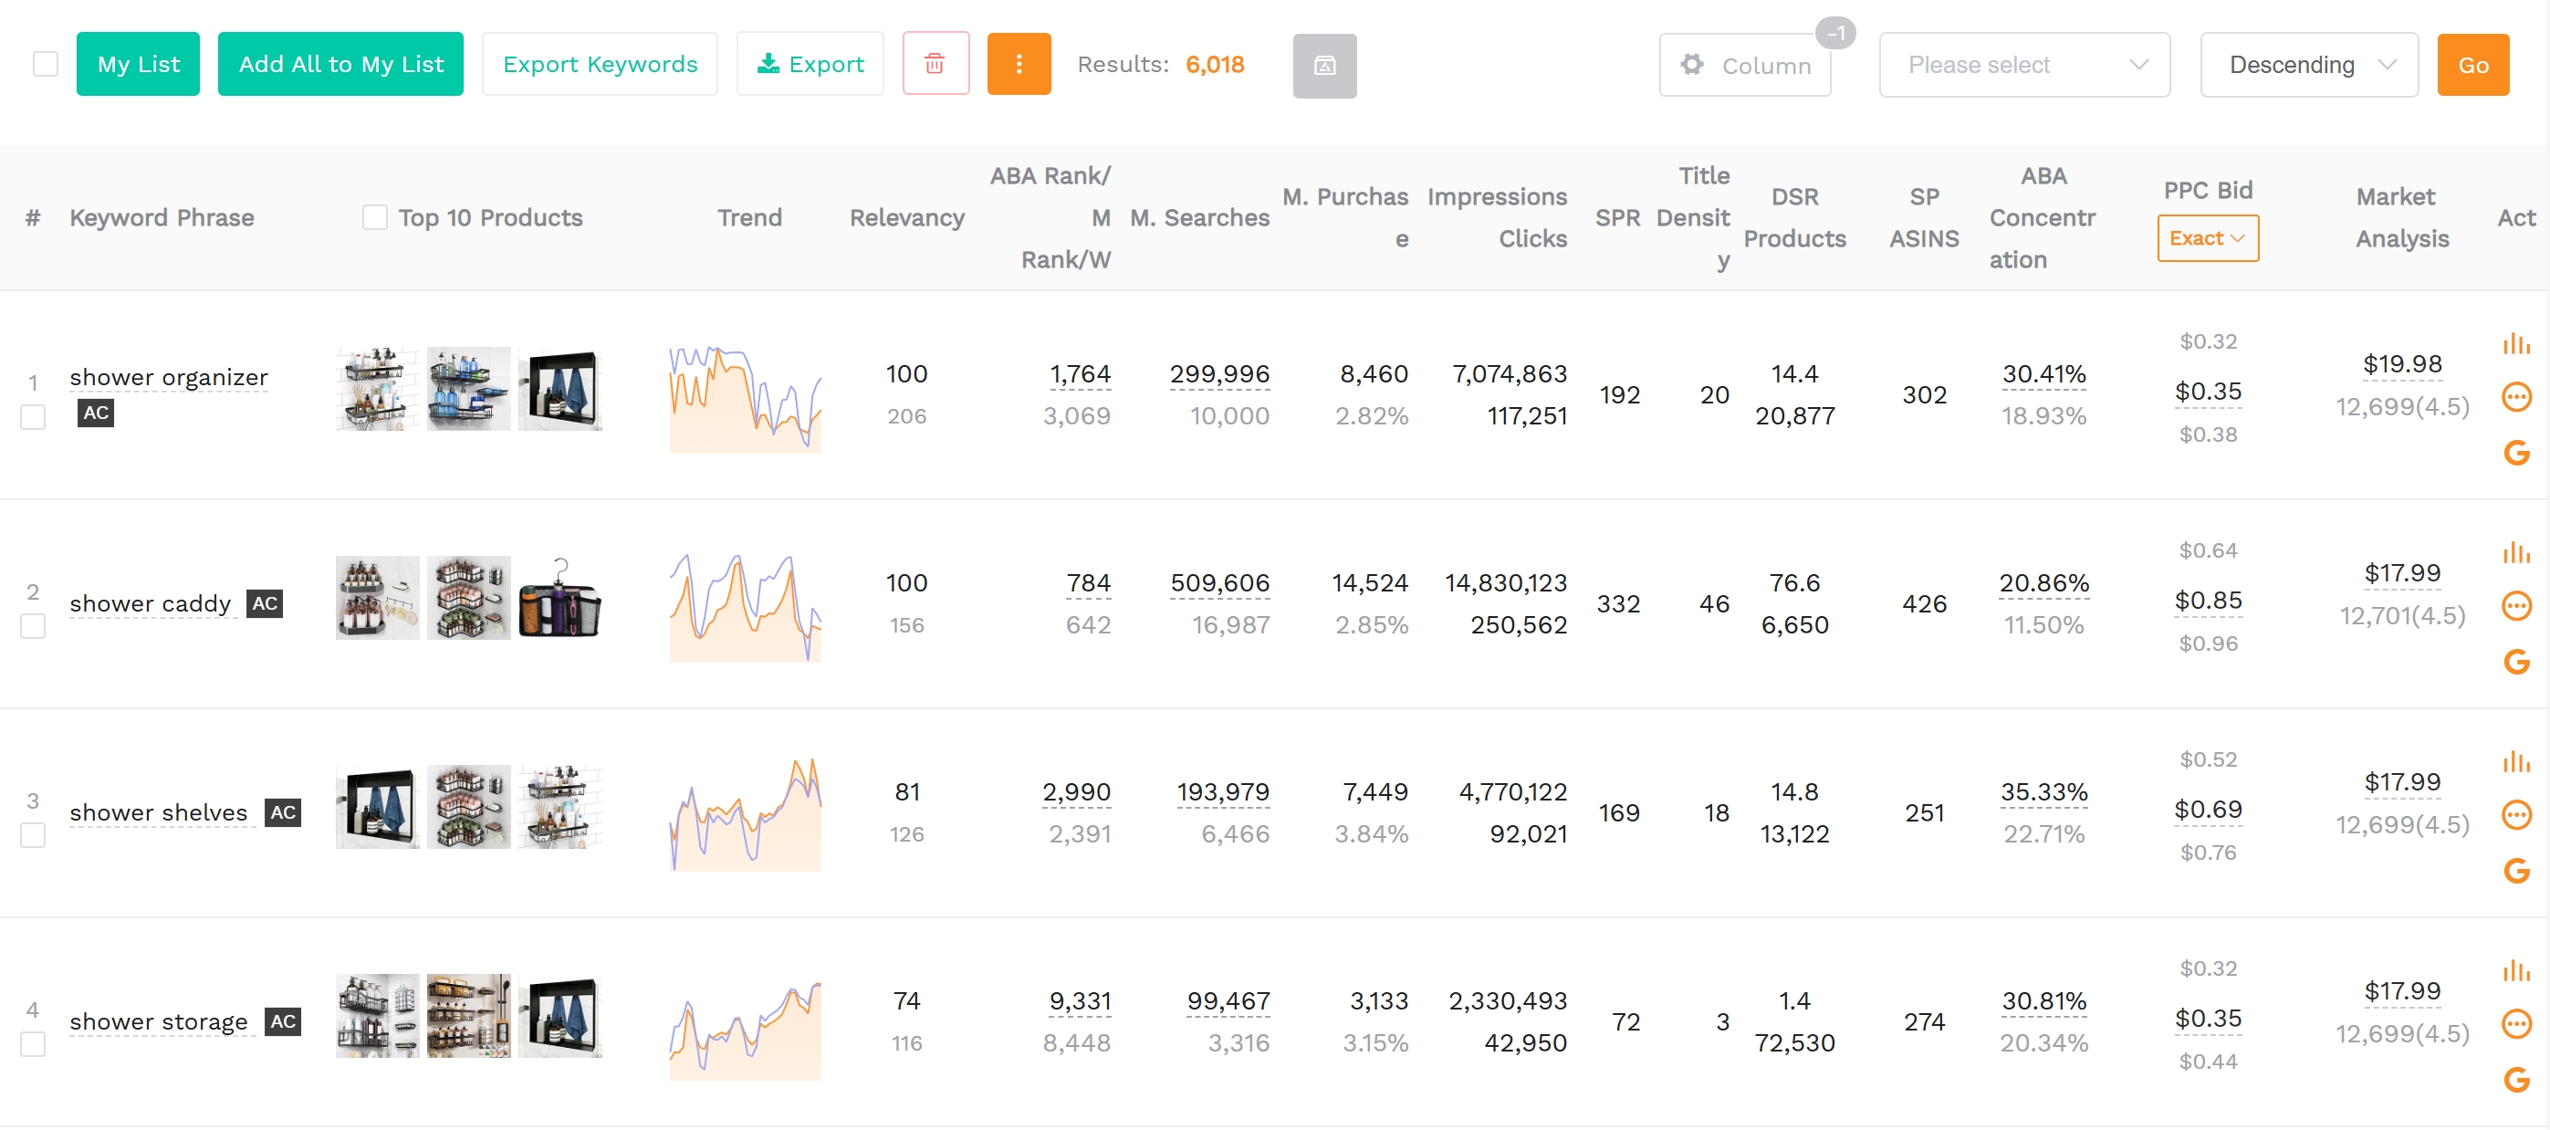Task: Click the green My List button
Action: click(138, 65)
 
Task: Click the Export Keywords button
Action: click(599, 65)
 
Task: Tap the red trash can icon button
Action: click(935, 65)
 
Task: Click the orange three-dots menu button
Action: click(1018, 65)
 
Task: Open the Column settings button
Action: click(1744, 66)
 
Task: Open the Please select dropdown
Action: click(2023, 66)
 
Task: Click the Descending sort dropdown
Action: click(2307, 66)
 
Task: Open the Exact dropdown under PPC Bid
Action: click(2207, 238)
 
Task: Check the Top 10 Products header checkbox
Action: click(374, 218)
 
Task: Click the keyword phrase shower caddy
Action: click(151, 604)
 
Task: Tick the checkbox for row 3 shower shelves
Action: click(33, 836)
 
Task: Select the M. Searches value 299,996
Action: click(1218, 374)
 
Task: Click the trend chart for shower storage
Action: click(745, 1030)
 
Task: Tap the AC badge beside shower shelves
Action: click(283, 813)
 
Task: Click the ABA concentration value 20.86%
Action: click(2043, 583)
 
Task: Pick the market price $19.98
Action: click(2401, 364)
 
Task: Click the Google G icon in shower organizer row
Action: click(2515, 454)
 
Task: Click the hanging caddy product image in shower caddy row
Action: click(560, 598)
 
